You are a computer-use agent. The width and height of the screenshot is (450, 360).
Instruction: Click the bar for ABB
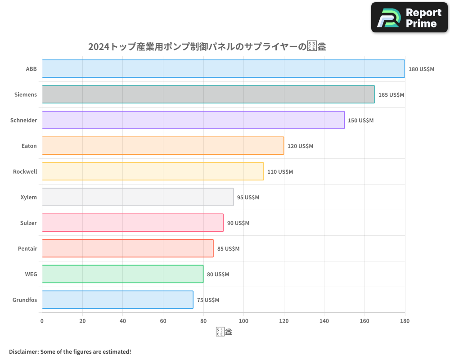click(223, 69)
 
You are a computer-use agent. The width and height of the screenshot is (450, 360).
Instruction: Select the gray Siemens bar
click(208, 94)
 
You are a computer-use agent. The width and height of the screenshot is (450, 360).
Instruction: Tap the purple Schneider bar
click(193, 120)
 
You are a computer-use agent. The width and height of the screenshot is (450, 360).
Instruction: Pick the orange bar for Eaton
click(163, 146)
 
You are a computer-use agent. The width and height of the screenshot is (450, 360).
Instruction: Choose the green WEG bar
click(122, 274)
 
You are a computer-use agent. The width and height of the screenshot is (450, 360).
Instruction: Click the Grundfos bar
click(117, 300)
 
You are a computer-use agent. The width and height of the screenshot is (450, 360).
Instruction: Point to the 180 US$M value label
click(421, 69)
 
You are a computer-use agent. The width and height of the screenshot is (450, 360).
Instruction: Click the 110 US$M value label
click(280, 172)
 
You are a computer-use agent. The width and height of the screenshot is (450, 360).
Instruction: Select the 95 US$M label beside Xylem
click(248, 198)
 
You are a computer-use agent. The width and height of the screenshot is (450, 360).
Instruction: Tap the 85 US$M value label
click(228, 249)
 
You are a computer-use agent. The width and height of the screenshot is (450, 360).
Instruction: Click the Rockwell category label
click(25, 171)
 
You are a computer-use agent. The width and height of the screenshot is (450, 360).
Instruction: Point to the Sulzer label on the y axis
click(28, 223)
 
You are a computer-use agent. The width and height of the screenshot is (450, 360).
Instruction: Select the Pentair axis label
click(27, 248)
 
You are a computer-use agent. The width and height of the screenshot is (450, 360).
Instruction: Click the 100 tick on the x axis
click(243, 321)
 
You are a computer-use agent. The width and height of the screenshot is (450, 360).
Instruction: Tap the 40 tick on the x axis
click(123, 321)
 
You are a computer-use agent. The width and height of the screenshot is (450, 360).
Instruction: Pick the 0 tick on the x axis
click(42, 321)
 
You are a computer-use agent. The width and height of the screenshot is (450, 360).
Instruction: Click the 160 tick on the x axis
click(364, 321)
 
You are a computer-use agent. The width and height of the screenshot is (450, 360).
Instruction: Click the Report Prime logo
click(409, 18)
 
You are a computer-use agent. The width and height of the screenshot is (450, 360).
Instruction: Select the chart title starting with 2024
click(207, 46)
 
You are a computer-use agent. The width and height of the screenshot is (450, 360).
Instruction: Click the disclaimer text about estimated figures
click(70, 351)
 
